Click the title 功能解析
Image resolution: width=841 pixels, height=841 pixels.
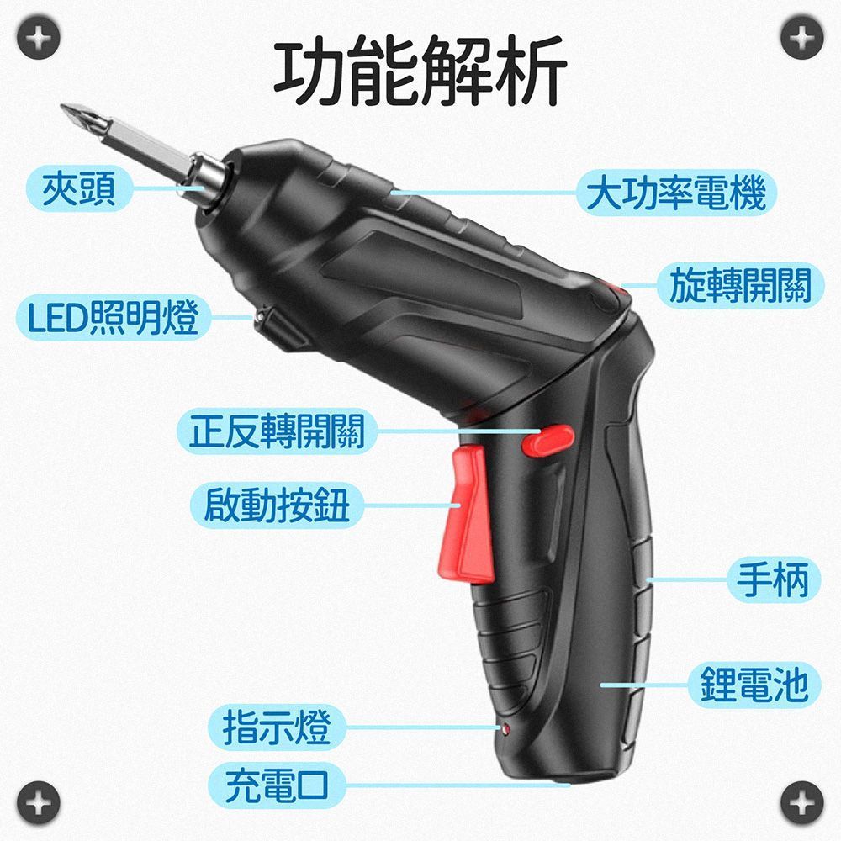[x=420, y=70]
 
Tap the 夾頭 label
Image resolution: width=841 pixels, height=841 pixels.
[x=79, y=188]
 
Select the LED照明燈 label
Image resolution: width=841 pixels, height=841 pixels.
[x=114, y=318]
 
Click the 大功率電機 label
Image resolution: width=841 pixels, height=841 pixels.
[x=676, y=193]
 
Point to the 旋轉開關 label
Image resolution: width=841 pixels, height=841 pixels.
[x=741, y=285]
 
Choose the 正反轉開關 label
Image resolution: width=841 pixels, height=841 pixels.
[x=277, y=431]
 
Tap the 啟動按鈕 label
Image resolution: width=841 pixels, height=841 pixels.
[x=277, y=505]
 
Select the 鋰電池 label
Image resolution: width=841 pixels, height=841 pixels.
[x=754, y=685]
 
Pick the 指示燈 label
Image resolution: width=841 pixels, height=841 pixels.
[x=277, y=727]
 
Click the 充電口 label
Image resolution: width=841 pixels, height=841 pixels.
[x=277, y=785]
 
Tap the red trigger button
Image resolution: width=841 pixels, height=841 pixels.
[x=468, y=514]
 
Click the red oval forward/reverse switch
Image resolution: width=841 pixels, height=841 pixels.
[x=547, y=440]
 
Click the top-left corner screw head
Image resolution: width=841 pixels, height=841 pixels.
[x=38, y=38]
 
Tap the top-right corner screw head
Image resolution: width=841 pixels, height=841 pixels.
[x=801, y=38]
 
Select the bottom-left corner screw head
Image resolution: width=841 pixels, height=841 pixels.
[x=38, y=802]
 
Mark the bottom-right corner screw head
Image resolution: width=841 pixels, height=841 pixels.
[x=801, y=802]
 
